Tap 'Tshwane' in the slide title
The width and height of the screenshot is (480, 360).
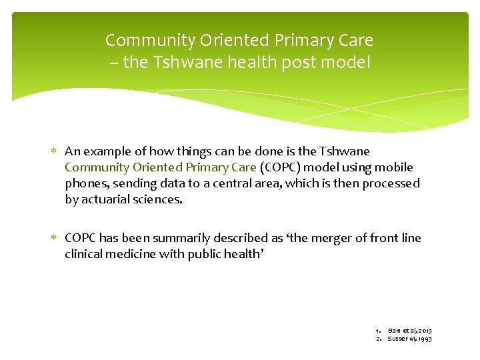pyautogui.click(x=181, y=64)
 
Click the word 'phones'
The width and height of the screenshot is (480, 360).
pyautogui.click(x=85, y=183)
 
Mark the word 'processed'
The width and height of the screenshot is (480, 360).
pyautogui.click(x=391, y=183)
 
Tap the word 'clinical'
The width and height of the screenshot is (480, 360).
pyautogui.click(x=85, y=254)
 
